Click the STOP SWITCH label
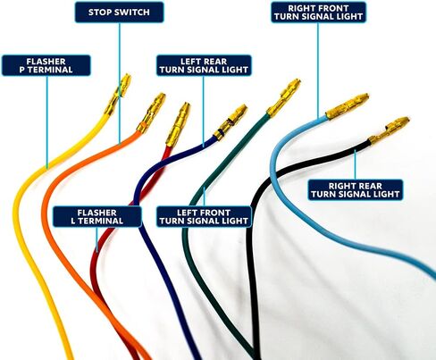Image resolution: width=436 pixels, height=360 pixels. click(119, 13)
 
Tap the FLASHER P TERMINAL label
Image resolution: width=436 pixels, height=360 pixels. click(46, 65)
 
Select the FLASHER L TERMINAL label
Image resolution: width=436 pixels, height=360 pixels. click(97, 217)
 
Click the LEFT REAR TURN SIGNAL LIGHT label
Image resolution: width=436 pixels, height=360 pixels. click(204, 65)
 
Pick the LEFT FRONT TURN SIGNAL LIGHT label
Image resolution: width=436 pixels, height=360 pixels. click(204, 217)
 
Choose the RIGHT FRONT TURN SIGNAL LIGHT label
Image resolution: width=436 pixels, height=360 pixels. click(319, 13)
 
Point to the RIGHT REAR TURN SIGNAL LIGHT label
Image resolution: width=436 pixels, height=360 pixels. click(356, 190)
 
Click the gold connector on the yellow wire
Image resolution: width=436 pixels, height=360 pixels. click(118, 93)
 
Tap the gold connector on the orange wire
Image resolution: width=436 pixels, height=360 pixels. click(151, 113)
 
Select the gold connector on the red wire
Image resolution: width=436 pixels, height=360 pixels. click(178, 124)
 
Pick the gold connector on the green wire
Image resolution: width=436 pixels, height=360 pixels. click(283, 97)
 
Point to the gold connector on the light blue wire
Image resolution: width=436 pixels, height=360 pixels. click(348, 106)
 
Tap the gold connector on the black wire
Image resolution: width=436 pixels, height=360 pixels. click(390, 130)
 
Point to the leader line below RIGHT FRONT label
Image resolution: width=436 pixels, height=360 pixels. click(318, 70)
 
